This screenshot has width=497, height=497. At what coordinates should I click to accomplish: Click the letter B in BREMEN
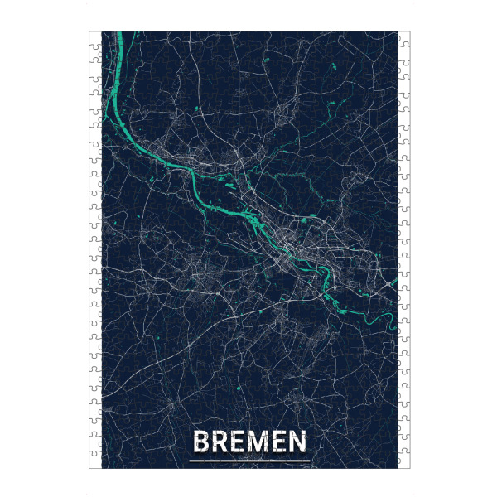pyautogui.click(x=199, y=442)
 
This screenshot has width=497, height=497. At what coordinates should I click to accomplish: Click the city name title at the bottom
pyautogui.click(x=248, y=442)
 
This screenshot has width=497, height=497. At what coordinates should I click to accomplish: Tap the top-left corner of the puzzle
pyautogui.click(x=89, y=32)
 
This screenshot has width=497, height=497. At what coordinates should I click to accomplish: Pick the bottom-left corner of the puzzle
pyautogui.click(x=89, y=469)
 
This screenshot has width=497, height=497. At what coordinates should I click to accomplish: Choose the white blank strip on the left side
pyautogui.click(x=94, y=248)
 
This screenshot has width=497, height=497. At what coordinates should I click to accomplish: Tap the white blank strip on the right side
pyautogui.click(x=403, y=248)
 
